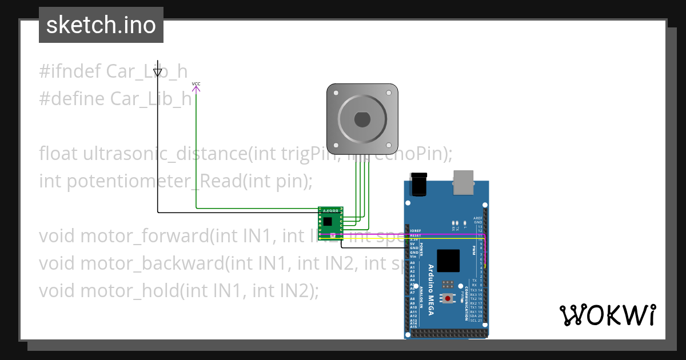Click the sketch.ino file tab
coord(101,25)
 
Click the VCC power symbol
coord(196,87)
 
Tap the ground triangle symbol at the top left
coord(158,72)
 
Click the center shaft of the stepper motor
coord(362,119)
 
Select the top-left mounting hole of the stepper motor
coord(334,91)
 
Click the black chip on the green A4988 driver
coord(328,221)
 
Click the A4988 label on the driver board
coord(330,211)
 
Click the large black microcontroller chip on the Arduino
coord(448,261)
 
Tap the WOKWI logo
coord(607,315)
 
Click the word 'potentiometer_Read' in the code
coord(127,181)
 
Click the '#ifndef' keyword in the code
coord(70,71)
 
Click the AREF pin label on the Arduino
coord(478,218)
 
